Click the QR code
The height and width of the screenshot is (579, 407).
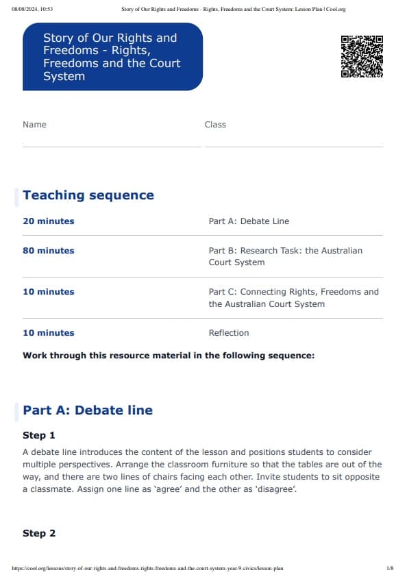point(362,56)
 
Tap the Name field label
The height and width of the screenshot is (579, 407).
point(34,125)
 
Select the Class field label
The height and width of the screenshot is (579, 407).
point(215,125)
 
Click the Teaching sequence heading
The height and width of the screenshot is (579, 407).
point(88,195)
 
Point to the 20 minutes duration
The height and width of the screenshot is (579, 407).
point(49,221)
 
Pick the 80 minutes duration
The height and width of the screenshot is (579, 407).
point(49,251)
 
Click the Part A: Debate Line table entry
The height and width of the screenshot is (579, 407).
point(249,221)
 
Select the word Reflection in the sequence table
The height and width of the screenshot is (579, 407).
point(229,333)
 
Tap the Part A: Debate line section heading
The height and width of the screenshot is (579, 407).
point(88,410)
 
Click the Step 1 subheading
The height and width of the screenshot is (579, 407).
point(39,436)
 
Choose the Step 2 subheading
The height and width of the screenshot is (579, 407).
point(39,534)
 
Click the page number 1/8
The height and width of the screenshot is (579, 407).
point(390,568)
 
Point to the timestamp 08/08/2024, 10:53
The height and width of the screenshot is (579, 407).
point(32,9)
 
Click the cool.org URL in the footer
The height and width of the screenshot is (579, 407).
point(147,568)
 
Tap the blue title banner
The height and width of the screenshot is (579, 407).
point(112,57)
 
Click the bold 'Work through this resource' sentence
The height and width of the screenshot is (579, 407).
point(169,356)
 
